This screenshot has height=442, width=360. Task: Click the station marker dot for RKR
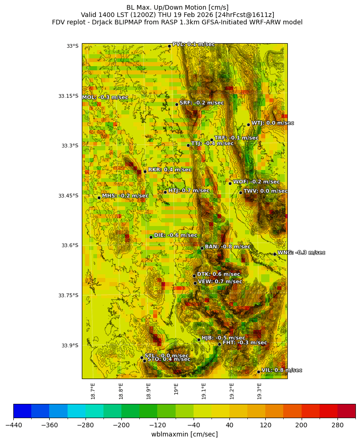point(145,171)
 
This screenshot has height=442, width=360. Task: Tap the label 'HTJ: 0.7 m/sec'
point(189,191)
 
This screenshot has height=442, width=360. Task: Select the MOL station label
point(105,97)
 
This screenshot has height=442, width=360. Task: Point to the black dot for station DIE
point(151,237)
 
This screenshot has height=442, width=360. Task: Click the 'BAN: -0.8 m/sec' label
point(228,247)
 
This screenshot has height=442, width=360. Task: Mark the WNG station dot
point(274,254)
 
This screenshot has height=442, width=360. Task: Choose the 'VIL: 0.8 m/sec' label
point(281,370)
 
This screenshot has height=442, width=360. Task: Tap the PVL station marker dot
point(169,46)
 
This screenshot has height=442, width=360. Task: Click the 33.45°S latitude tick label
point(68,196)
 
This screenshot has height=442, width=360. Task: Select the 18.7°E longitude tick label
point(93,391)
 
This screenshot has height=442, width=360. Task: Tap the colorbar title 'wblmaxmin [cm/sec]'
point(184,434)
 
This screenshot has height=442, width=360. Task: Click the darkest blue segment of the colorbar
point(22,410)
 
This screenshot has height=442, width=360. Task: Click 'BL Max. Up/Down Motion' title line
point(177,7)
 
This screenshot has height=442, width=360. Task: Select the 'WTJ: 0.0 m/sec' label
point(272,123)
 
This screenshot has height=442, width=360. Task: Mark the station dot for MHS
point(99,198)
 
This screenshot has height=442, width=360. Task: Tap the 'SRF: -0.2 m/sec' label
point(201,103)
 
